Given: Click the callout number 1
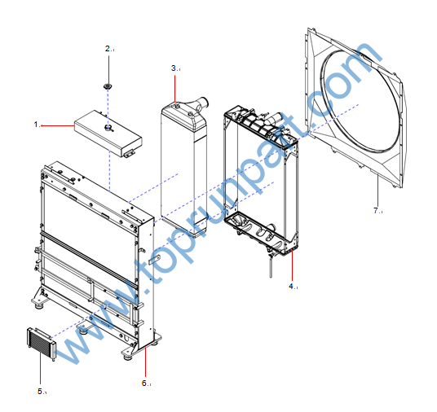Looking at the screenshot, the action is (36, 124).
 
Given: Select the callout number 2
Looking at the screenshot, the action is (108, 48).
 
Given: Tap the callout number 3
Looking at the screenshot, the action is (174, 68).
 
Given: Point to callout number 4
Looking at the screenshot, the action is (291, 286).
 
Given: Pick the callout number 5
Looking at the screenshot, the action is (40, 391).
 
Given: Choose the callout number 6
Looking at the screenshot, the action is (144, 383).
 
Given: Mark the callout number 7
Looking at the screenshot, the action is (376, 210).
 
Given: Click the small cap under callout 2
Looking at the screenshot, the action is (108, 86).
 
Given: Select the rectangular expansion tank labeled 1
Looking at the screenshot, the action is (108, 134).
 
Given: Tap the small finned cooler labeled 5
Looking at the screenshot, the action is (42, 344).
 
